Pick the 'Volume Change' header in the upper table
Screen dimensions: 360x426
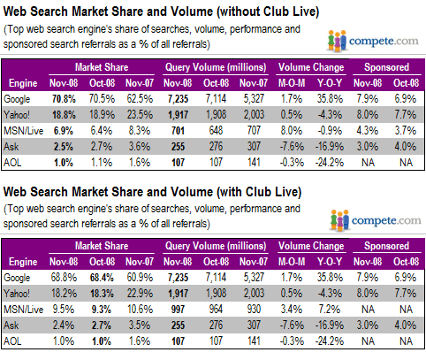pyautogui.click(x=309, y=65)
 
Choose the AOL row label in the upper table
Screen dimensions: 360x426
pyautogui.click(x=19, y=163)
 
